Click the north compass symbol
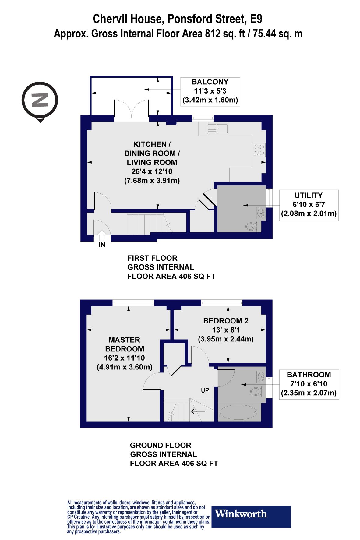[x=40, y=100]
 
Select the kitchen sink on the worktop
[x=217, y=129]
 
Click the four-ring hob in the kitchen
[x=259, y=150]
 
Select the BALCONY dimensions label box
[x=210, y=91]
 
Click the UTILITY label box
[x=309, y=205]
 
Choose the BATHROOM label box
[x=309, y=384]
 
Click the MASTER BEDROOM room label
[x=124, y=344]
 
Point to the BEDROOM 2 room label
[x=226, y=321]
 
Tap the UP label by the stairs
[x=205, y=390]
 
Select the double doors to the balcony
[x=131, y=109]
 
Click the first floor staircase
[x=146, y=224]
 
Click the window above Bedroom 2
[x=221, y=302]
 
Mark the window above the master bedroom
[x=133, y=302]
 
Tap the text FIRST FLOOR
[x=152, y=258]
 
